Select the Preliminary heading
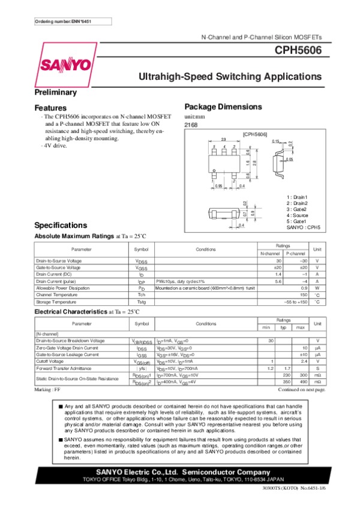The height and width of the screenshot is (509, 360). [55, 93]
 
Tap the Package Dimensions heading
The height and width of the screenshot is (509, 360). [223, 107]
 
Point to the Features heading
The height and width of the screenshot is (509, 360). [50, 108]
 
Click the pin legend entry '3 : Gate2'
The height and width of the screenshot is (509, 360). [297, 209]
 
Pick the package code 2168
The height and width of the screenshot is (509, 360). [190, 124]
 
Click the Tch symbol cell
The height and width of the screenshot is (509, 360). [142, 295]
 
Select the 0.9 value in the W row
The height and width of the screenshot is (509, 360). [304, 288]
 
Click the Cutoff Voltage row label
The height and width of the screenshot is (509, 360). [49, 362]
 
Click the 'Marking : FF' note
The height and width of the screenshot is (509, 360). [48, 390]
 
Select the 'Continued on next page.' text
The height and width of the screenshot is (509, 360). [302, 390]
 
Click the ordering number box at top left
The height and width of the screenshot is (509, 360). [63, 22]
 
